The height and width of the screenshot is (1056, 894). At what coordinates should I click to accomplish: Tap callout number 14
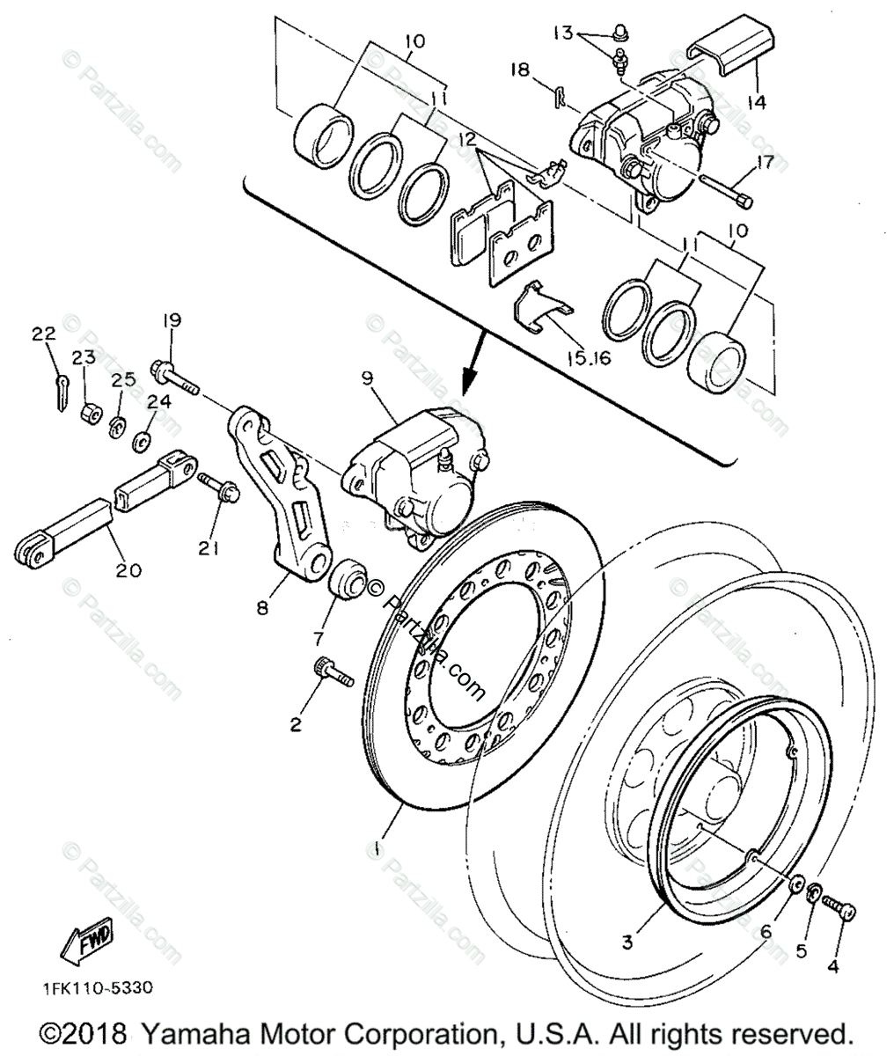point(755,101)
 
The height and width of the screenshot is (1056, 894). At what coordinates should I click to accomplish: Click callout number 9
point(366,379)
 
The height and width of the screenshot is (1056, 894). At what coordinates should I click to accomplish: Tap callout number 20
point(128,570)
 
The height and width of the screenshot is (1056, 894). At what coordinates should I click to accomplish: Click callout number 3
point(627,942)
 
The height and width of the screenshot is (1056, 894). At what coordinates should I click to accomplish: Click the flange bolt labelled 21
point(216,487)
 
